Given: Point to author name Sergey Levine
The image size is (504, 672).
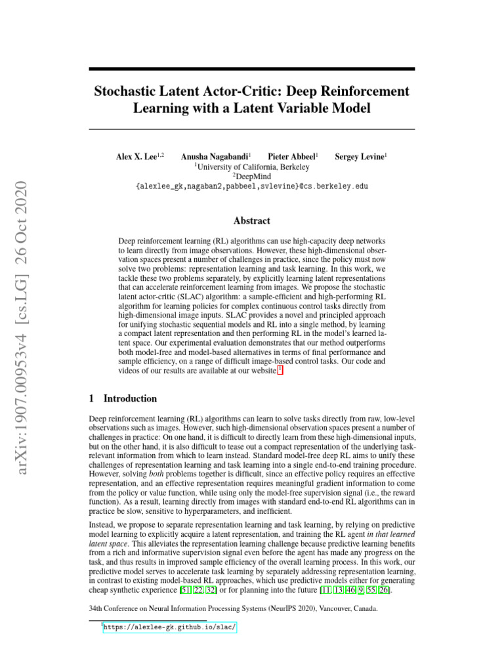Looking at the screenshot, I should (x=360, y=157).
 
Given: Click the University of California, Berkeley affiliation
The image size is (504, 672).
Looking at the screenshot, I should (x=251, y=167).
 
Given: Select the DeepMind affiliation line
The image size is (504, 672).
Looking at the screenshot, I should (x=251, y=177).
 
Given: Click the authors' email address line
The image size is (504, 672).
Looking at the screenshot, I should (x=251, y=186).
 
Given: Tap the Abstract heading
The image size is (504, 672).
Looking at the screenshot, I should (x=251, y=221).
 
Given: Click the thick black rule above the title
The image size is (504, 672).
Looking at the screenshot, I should (x=251, y=69).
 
